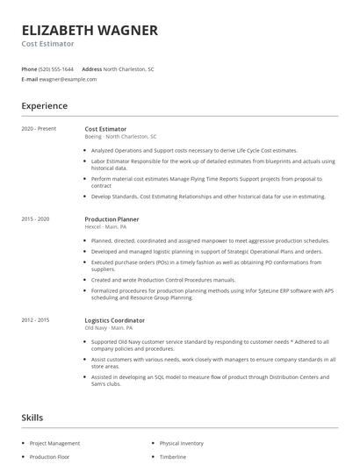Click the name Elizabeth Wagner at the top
click(x=90, y=30)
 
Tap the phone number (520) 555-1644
click(x=56, y=68)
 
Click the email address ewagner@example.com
click(x=68, y=79)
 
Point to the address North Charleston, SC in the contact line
click(x=128, y=68)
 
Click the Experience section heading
click(x=44, y=106)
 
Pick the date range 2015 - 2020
click(x=36, y=218)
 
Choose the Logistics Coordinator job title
click(x=115, y=321)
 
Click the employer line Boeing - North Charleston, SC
click(x=120, y=137)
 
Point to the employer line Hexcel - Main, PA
click(x=105, y=226)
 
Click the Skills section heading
click(x=32, y=418)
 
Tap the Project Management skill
click(x=54, y=443)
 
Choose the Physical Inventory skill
click(x=183, y=443)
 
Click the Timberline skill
click(x=174, y=457)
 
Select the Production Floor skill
click(x=49, y=457)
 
